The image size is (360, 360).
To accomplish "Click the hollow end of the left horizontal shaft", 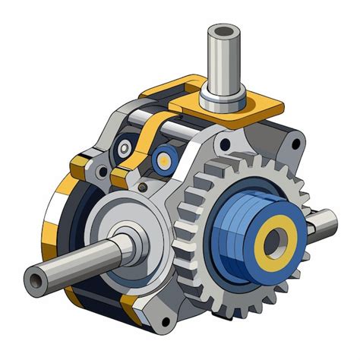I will [x=35, y=281].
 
